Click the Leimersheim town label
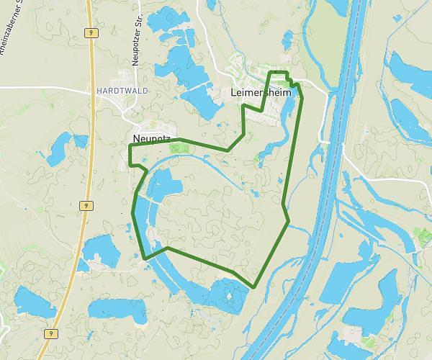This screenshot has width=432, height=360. tap(254, 93)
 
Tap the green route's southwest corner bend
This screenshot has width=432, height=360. tap(145, 258)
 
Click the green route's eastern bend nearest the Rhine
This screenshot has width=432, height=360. tap(288, 221)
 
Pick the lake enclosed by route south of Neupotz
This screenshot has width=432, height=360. tap(164, 185)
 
